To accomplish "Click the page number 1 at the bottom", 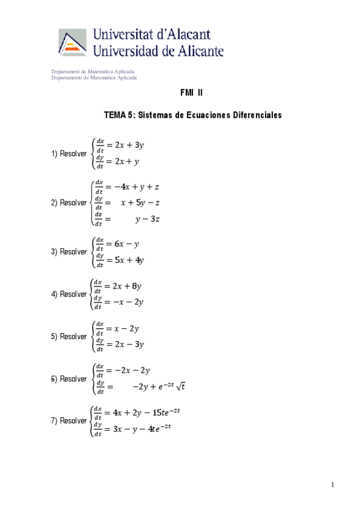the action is (332, 485).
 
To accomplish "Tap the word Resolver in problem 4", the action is (73, 295).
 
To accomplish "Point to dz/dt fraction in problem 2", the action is (99, 220).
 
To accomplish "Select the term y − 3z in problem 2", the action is (147, 220).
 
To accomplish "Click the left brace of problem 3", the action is (91, 252).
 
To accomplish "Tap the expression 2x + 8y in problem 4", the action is (128, 286).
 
